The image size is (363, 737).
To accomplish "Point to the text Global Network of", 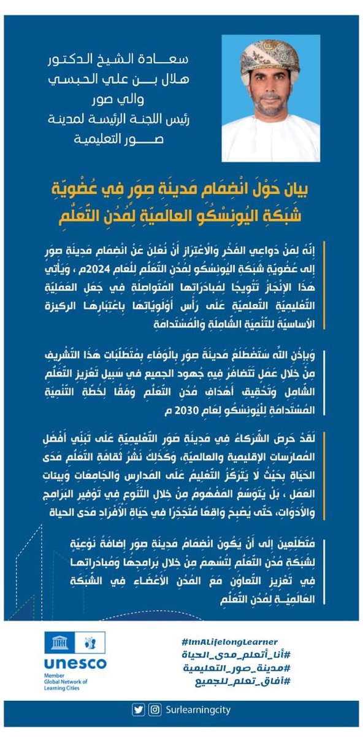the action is pos(65,682).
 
